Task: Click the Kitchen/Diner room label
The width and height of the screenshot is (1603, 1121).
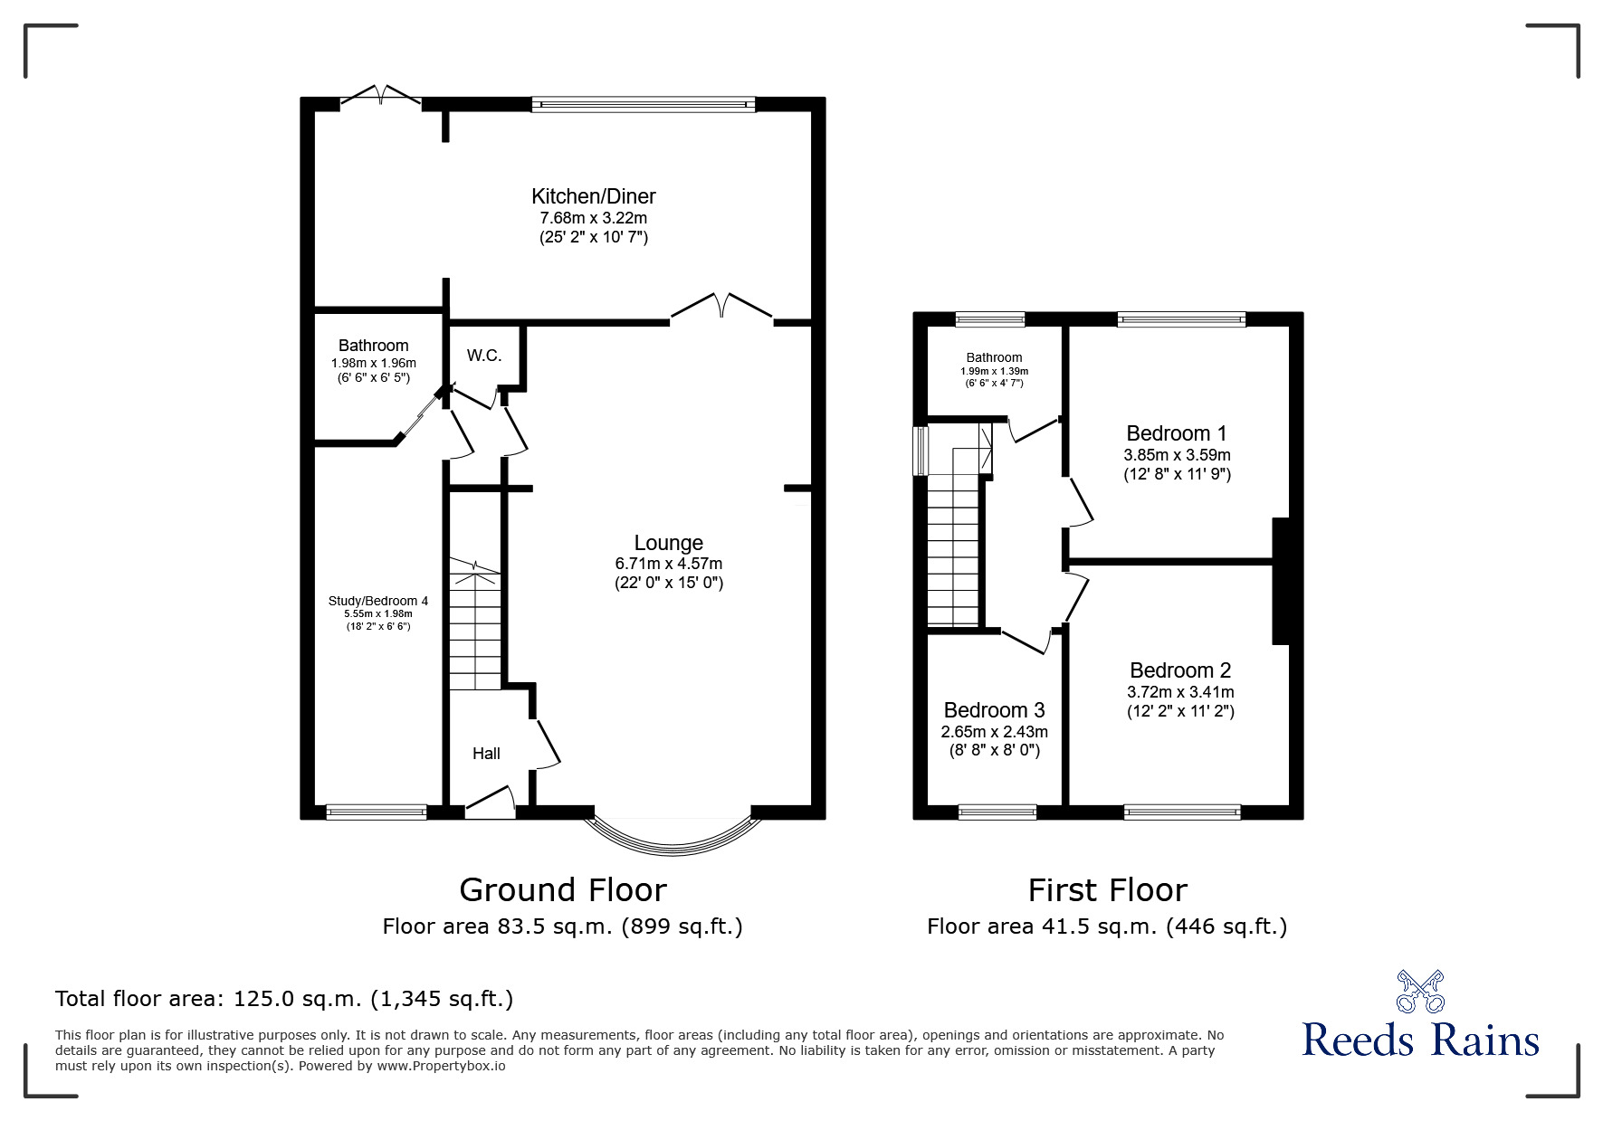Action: click(593, 196)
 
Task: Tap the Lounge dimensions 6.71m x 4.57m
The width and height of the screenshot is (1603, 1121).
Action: click(668, 564)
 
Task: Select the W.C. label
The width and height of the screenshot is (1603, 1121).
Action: click(484, 356)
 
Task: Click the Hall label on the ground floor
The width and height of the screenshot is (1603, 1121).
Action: click(486, 754)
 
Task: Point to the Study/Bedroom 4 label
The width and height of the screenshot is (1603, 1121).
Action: click(377, 601)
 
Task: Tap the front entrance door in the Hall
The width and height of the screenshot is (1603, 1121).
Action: click(491, 804)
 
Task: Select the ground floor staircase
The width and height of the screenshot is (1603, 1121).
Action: click(475, 624)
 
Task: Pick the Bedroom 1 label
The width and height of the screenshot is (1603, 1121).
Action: click(1176, 433)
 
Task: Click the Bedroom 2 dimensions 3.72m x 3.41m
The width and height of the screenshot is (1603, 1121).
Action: click(1179, 692)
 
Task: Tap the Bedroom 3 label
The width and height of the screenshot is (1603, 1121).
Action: click(994, 710)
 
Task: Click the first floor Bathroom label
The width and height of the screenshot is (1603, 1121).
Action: click(994, 358)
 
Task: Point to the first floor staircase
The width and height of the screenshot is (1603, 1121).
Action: click(955, 552)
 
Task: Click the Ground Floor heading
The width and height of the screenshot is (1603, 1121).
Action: click(562, 890)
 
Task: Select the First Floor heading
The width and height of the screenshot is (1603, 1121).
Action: click(1106, 890)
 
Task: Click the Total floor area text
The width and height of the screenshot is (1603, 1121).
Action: click(284, 999)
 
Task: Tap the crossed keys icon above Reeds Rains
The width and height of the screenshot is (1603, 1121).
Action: click(1420, 992)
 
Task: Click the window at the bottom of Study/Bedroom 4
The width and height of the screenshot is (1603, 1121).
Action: click(376, 812)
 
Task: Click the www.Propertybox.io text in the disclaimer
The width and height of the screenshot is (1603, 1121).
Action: click(441, 1066)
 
